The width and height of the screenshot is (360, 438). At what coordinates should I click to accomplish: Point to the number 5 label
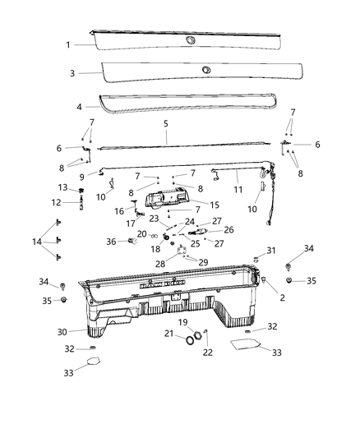[x=165, y=124]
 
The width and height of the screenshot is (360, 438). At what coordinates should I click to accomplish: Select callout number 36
[x=112, y=241]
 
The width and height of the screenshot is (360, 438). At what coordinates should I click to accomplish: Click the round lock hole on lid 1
[x=191, y=40]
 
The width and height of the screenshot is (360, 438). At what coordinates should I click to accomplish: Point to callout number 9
[x=81, y=176]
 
